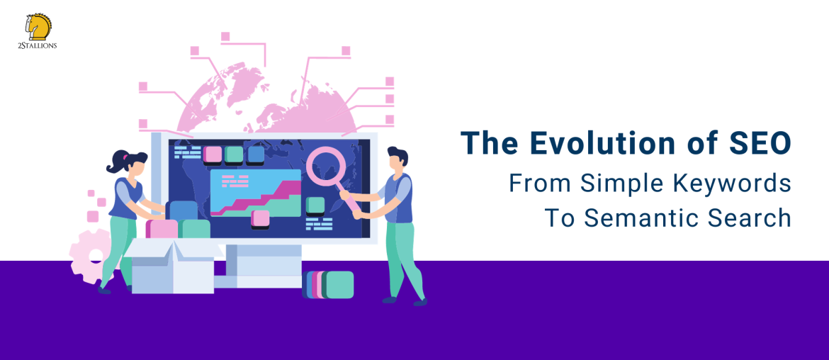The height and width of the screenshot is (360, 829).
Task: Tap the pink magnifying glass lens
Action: [326, 166]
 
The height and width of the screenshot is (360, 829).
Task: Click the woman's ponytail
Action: [115, 164]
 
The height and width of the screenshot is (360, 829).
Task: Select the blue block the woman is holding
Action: [184, 210]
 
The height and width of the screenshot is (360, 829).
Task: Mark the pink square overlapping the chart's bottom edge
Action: [260, 218]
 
